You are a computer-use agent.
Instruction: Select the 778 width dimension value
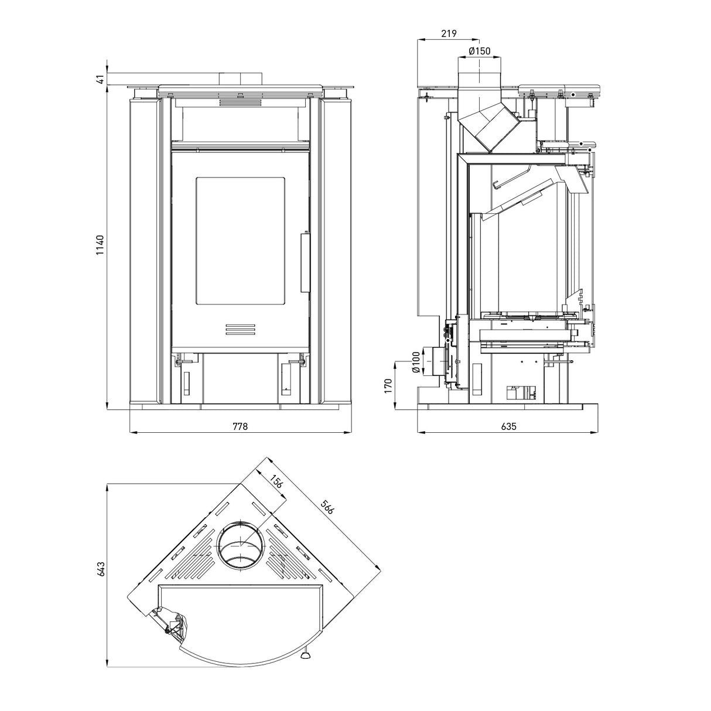240,426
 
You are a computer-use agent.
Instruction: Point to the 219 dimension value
449,34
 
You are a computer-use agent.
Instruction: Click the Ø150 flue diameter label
479,51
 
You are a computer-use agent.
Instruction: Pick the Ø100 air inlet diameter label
415,362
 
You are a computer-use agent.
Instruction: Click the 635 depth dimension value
508,426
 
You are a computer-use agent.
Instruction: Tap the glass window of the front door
241,240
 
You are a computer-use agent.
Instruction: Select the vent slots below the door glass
241,330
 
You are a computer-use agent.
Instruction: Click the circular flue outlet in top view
240,544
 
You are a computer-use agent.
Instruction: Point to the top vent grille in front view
240,103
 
